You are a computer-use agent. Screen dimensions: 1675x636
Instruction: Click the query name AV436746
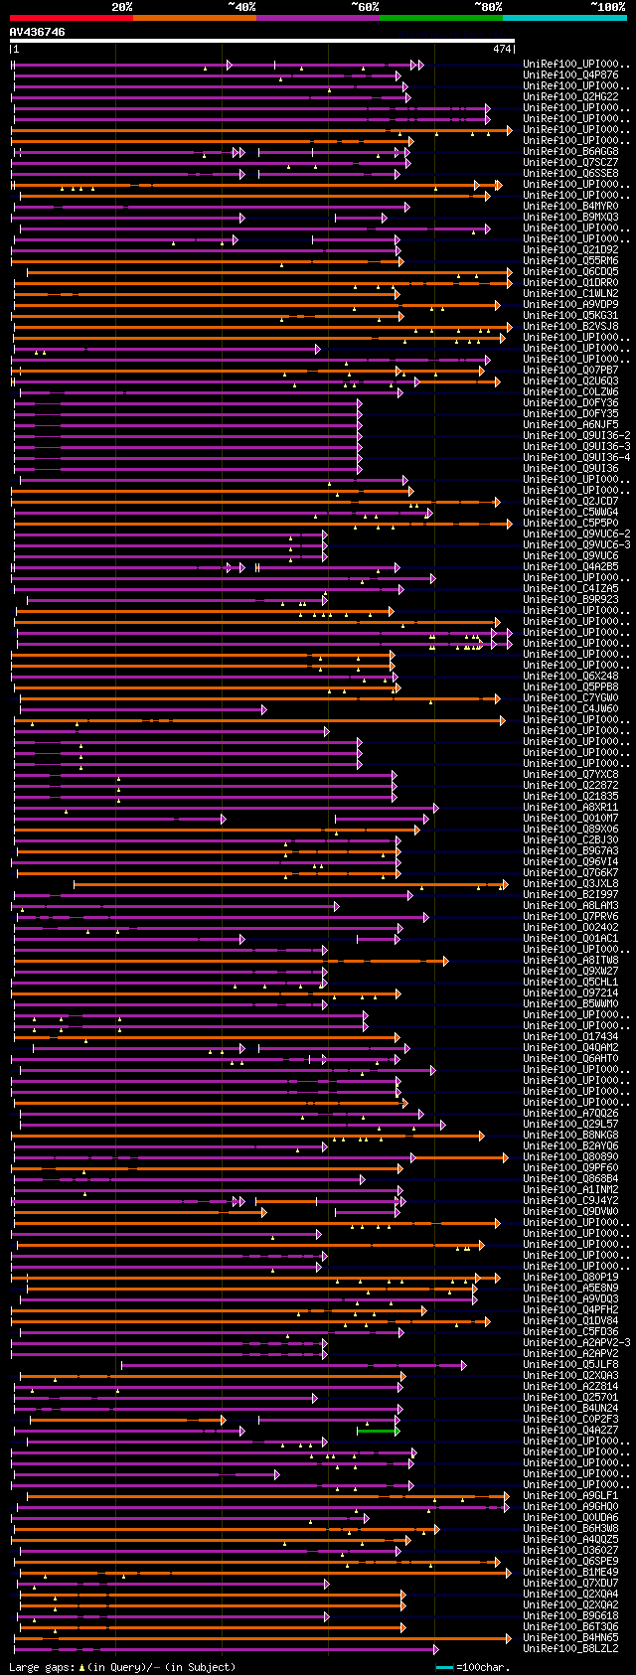(38, 32)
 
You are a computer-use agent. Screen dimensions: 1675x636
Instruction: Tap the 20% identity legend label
(121, 7)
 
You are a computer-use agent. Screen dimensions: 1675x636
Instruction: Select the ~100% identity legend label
(607, 7)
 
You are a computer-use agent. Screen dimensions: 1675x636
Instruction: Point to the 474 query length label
(502, 49)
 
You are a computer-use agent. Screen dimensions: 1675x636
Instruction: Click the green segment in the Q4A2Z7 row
(378, 1431)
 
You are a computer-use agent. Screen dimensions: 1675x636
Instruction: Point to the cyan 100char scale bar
(443, 1666)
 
